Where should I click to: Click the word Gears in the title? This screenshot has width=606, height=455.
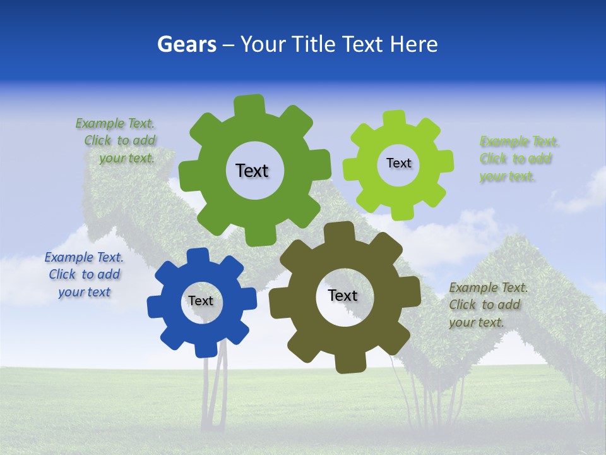[x=186, y=44]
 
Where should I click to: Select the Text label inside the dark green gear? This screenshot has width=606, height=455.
[x=252, y=171]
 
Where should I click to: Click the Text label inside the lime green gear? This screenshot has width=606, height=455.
[x=398, y=163]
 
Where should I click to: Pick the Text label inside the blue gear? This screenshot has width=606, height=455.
[x=201, y=301]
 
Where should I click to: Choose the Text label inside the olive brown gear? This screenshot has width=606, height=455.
[x=343, y=295]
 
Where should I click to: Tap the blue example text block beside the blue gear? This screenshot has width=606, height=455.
[x=84, y=274]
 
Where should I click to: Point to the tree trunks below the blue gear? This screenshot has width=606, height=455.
[x=213, y=392]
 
